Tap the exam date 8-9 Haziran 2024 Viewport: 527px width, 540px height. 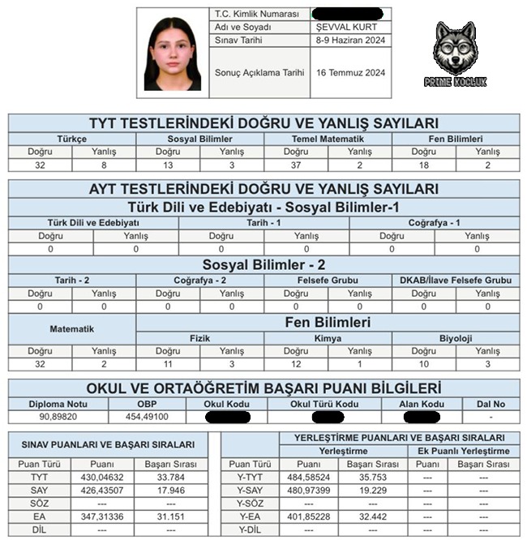pos(350,40)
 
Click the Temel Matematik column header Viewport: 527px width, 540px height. pos(328,139)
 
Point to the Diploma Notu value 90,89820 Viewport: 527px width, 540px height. pos(57,417)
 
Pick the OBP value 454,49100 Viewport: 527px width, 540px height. pos(146,417)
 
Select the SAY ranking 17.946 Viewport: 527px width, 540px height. pos(171,491)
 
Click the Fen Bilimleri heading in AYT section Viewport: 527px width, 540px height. pos(328,322)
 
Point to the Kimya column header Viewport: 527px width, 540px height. pos(328,338)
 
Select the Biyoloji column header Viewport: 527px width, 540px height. pos(456,338)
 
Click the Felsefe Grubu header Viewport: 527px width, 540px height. pos(328,281)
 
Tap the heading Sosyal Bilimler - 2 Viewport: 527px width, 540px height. pos(263,264)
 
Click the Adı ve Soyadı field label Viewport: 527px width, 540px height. pos(243,27)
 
